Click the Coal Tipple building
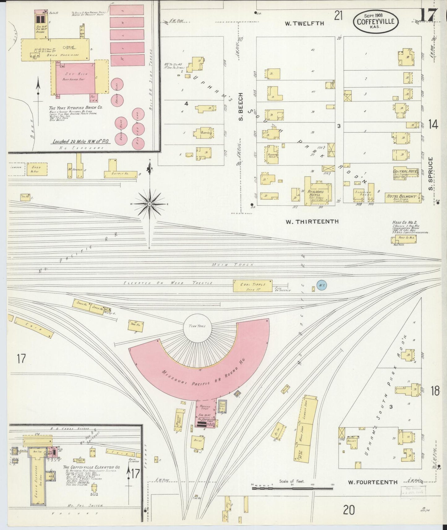[x=252, y=286]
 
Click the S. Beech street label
[x=241, y=106]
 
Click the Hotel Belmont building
[x=403, y=198]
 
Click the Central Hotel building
[x=405, y=173]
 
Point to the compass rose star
[x=149, y=204]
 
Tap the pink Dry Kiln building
[x=75, y=79]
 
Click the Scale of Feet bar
[x=293, y=489]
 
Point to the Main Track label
[x=233, y=265]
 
